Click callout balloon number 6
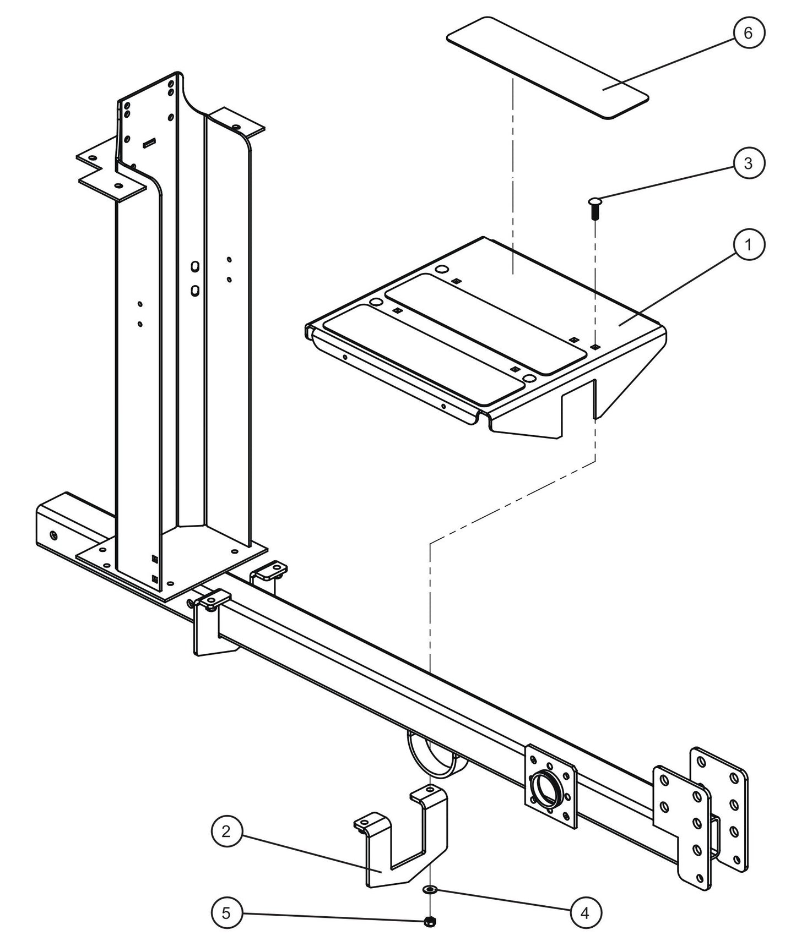coord(748,33)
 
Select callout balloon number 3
coord(748,163)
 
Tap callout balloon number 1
coord(748,245)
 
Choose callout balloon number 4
coord(584,913)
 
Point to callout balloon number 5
coord(226,913)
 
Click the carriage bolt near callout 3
coord(595,207)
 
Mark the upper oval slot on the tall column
coord(194,266)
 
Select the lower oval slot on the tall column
coord(194,290)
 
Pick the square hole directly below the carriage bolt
coord(595,347)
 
